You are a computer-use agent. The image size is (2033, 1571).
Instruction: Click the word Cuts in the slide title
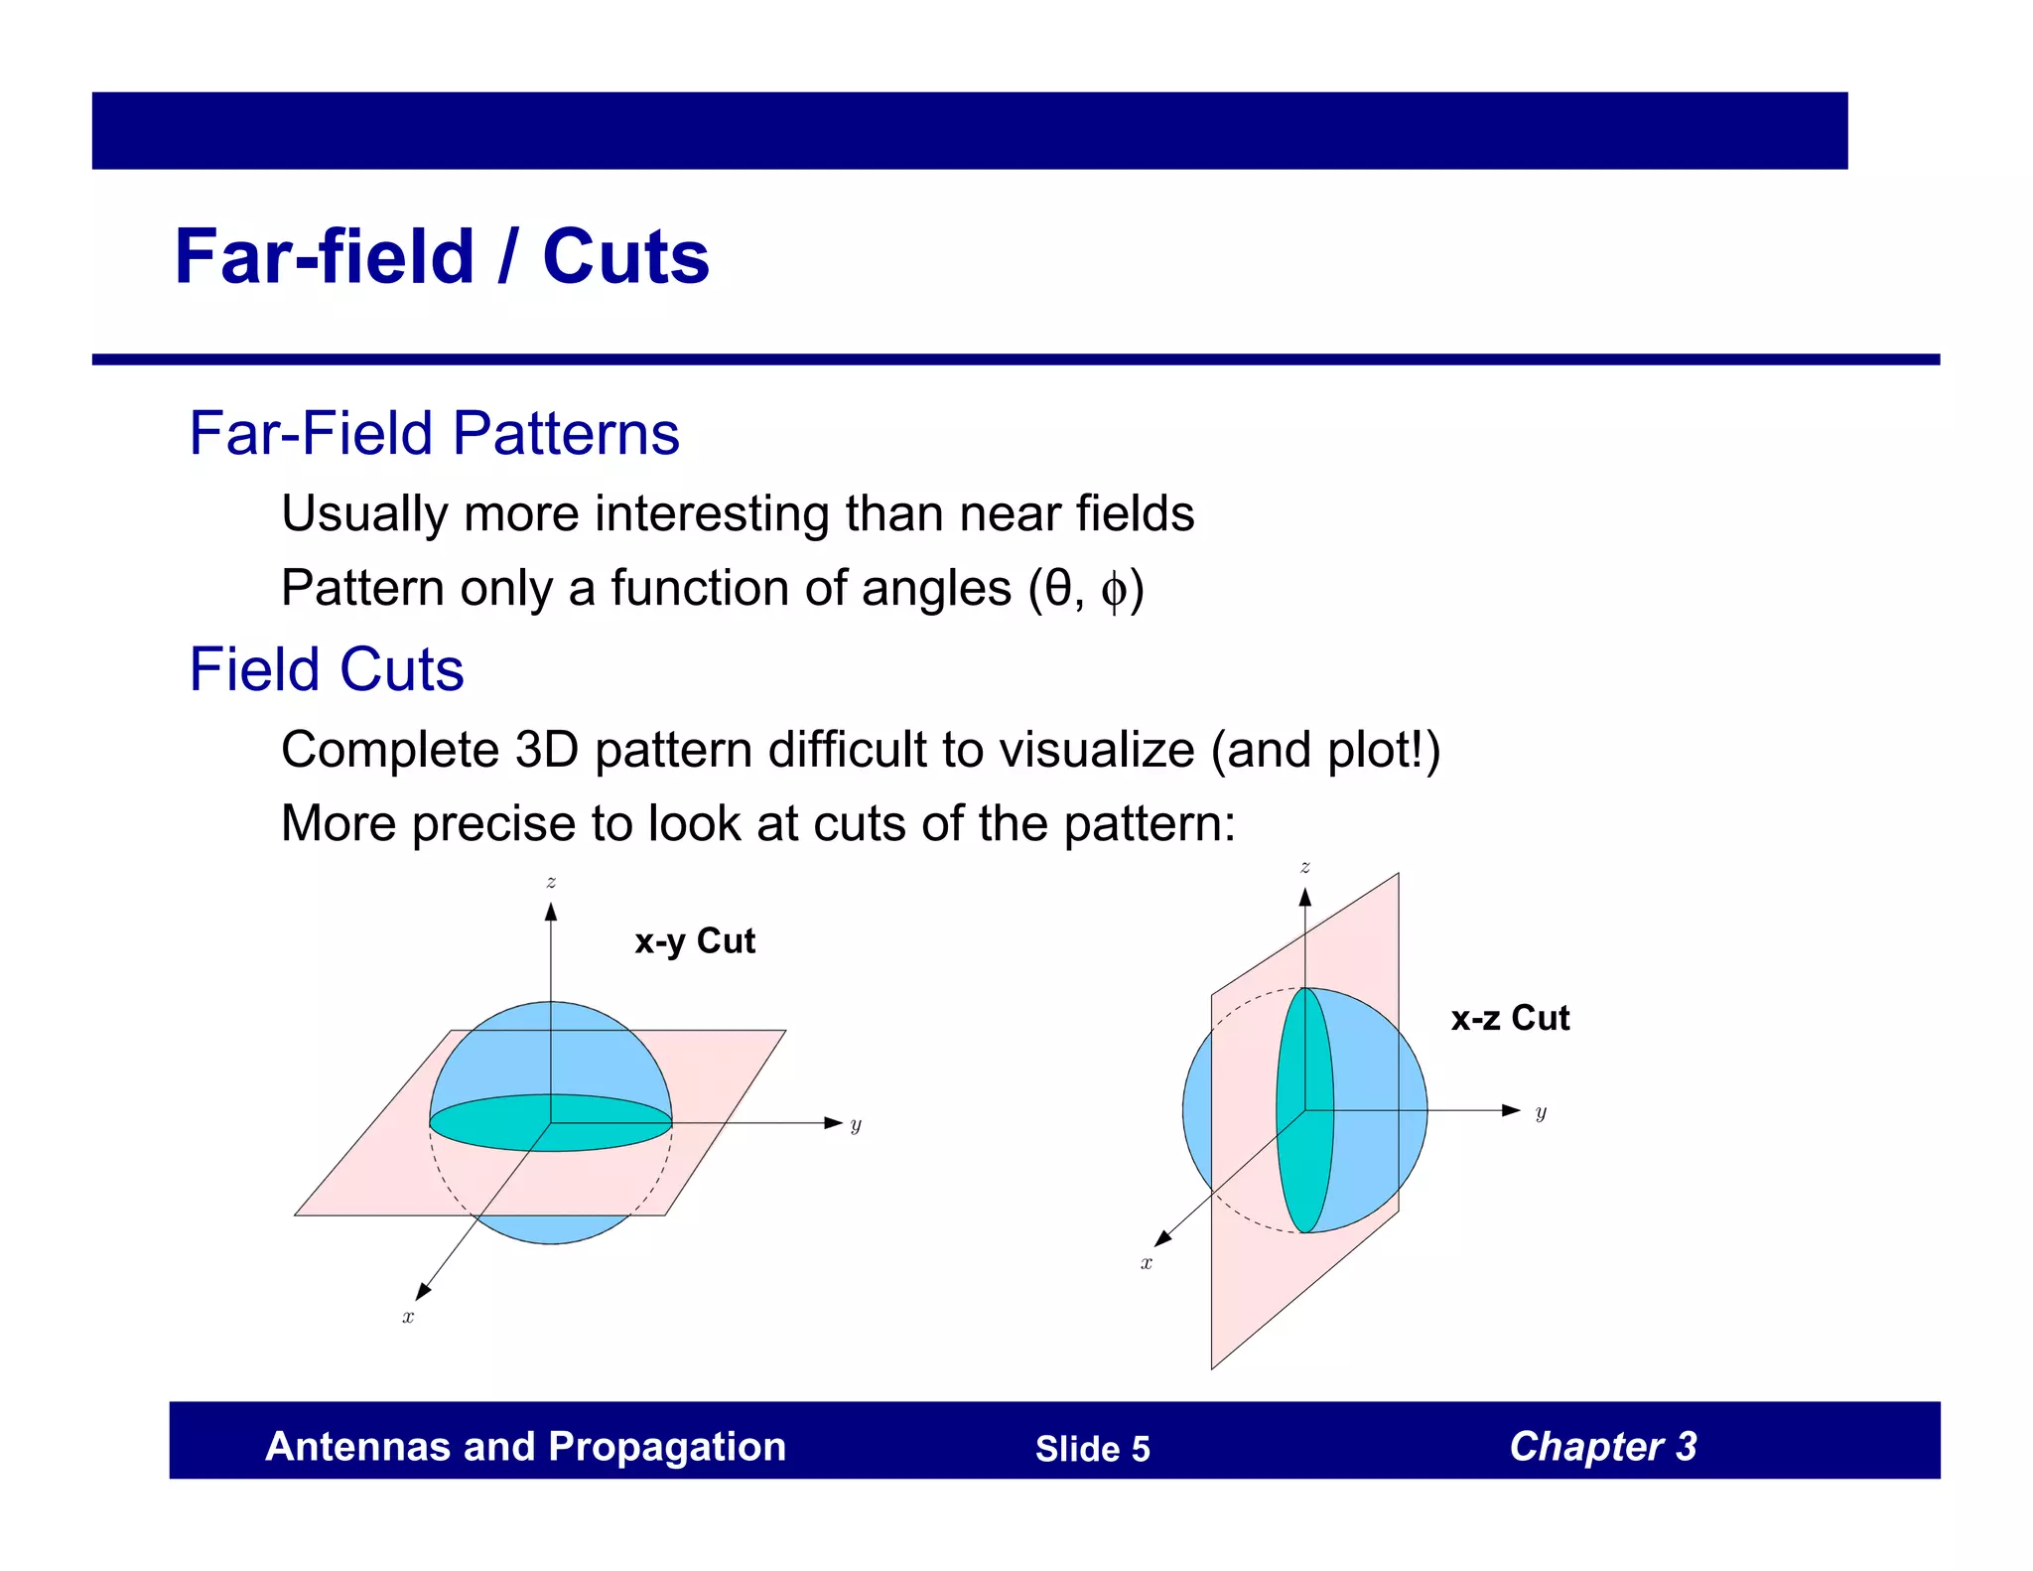click(x=625, y=256)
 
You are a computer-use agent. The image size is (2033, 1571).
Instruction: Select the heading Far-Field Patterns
click(x=434, y=433)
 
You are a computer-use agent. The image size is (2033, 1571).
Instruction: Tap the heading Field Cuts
click(x=326, y=668)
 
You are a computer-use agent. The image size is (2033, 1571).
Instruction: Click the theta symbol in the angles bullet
click(x=1058, y=588)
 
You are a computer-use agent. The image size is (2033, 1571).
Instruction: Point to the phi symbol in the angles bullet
click(x=1113, y=591)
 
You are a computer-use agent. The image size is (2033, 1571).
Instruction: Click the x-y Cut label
click(x=695, y=940)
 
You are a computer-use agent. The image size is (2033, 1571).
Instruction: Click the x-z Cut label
click(x=1510, y=1018)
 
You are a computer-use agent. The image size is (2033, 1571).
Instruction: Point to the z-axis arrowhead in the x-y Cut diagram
click(x=551, y=911)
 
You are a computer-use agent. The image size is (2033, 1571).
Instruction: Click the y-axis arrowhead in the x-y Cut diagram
click(x=834, y=1123)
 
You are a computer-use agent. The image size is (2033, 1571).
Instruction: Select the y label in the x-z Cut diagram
click(x=1541, y=1113)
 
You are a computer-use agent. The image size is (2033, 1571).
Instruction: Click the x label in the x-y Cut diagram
click(x=408, y=1318)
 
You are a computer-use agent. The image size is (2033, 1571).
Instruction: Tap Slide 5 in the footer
click(x=1092, y=1449)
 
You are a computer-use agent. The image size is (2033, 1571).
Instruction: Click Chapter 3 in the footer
click(x=1602, y=1447)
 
